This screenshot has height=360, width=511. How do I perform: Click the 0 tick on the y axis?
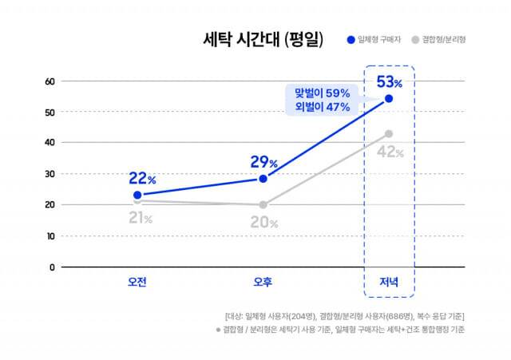[52, 267]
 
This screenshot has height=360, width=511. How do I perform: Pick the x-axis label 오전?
[137, 282]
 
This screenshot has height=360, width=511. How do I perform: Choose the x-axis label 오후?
[263, 282]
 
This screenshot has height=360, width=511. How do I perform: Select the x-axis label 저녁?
[388, 282]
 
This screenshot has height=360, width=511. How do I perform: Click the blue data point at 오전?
[137, 195]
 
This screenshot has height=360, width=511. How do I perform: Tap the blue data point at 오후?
[263, 179]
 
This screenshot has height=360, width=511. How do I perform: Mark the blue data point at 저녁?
[389, 99]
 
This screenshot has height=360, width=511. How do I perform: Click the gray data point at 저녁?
[389, 134]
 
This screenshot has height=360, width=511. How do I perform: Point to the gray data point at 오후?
[263, 205]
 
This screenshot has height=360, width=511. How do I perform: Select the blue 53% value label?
[389, 81]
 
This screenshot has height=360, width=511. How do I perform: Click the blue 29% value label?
[263, 162]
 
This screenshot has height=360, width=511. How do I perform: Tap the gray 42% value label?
[389, 152]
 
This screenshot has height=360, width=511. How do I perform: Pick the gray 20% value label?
[263, 223]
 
